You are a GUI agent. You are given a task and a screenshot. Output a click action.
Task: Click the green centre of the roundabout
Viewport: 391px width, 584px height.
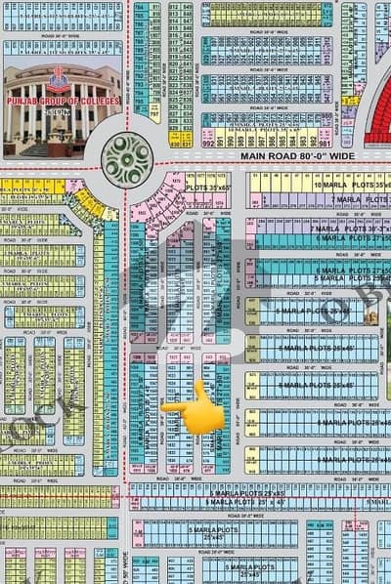[128, 157]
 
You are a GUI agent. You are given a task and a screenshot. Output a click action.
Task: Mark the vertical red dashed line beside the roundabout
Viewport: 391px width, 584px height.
[129, 244]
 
